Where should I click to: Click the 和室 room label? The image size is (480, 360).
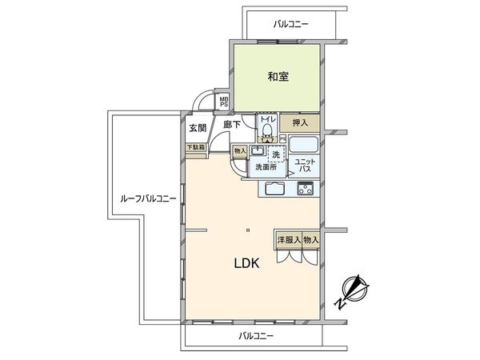277,78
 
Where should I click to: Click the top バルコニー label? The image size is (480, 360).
291,25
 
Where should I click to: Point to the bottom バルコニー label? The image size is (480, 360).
256,337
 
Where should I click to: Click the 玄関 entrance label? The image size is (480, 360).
198,128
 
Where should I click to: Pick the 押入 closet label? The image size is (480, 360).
301,124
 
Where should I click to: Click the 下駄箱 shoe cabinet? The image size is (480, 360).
196,147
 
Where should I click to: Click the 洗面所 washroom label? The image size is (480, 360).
265,168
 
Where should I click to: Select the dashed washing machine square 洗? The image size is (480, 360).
275,154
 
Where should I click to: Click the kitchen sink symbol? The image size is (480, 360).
272,190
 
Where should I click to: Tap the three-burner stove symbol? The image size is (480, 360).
306,190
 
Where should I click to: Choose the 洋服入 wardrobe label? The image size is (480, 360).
288,239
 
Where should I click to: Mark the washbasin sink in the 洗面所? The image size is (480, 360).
258,150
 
